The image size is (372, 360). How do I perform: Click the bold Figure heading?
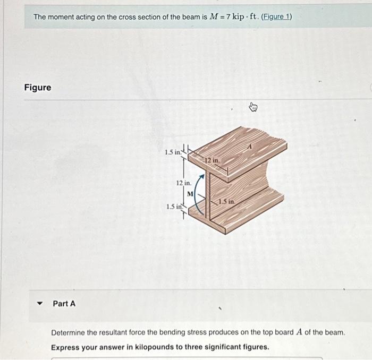[38, 88]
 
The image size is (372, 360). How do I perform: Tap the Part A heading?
[64, 304]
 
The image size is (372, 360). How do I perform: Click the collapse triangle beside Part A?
[38, 304]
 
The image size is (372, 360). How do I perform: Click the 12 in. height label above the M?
[183, 183]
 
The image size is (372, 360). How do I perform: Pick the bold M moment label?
[190, 193]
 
